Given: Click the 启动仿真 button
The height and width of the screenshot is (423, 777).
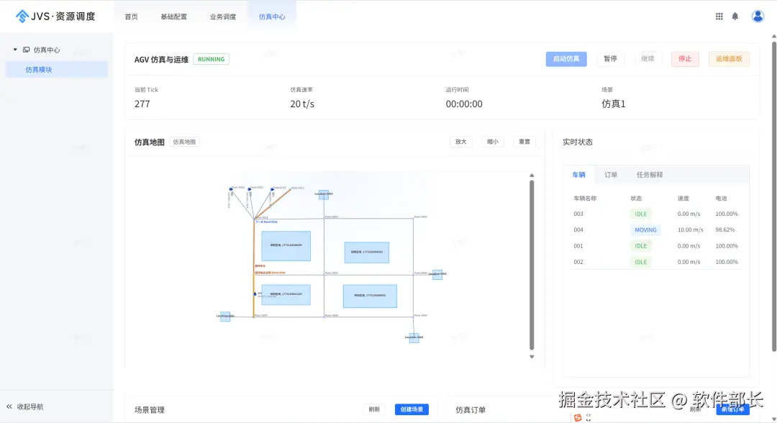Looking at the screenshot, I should (x=566, y=59).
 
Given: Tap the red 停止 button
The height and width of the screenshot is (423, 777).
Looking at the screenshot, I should (x=685, y=59).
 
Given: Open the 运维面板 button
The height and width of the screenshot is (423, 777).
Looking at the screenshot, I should (x=729, y=59).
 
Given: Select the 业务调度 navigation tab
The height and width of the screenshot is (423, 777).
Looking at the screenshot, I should (x=223, y=17).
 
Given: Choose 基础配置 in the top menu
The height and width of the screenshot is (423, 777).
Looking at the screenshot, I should (x=173, y=17).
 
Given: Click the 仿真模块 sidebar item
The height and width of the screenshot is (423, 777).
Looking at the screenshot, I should (x=39, y=70).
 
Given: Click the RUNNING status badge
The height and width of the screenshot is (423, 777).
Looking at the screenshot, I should (x=211, y=59).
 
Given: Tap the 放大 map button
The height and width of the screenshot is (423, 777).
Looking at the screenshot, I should (x=461, y=142).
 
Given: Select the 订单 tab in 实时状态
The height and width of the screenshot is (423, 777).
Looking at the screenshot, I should (x=611, y=174).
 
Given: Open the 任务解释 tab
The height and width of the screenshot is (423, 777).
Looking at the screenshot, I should (x=650, y=174).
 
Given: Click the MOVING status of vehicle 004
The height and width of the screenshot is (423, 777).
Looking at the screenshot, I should (x=645, y=230).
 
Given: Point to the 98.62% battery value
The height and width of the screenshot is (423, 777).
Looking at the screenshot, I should (x=727, y=230).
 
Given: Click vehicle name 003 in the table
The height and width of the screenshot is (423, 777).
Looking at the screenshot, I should (x=578, y=214).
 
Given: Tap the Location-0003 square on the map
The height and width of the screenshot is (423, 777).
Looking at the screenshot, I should (x=324, y=194).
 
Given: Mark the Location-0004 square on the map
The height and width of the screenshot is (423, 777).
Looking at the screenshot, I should (x=414, y=337).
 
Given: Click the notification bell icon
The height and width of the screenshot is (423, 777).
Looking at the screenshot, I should (x=735, y=17).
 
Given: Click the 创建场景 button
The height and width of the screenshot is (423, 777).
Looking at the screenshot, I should (x=412, y=409).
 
